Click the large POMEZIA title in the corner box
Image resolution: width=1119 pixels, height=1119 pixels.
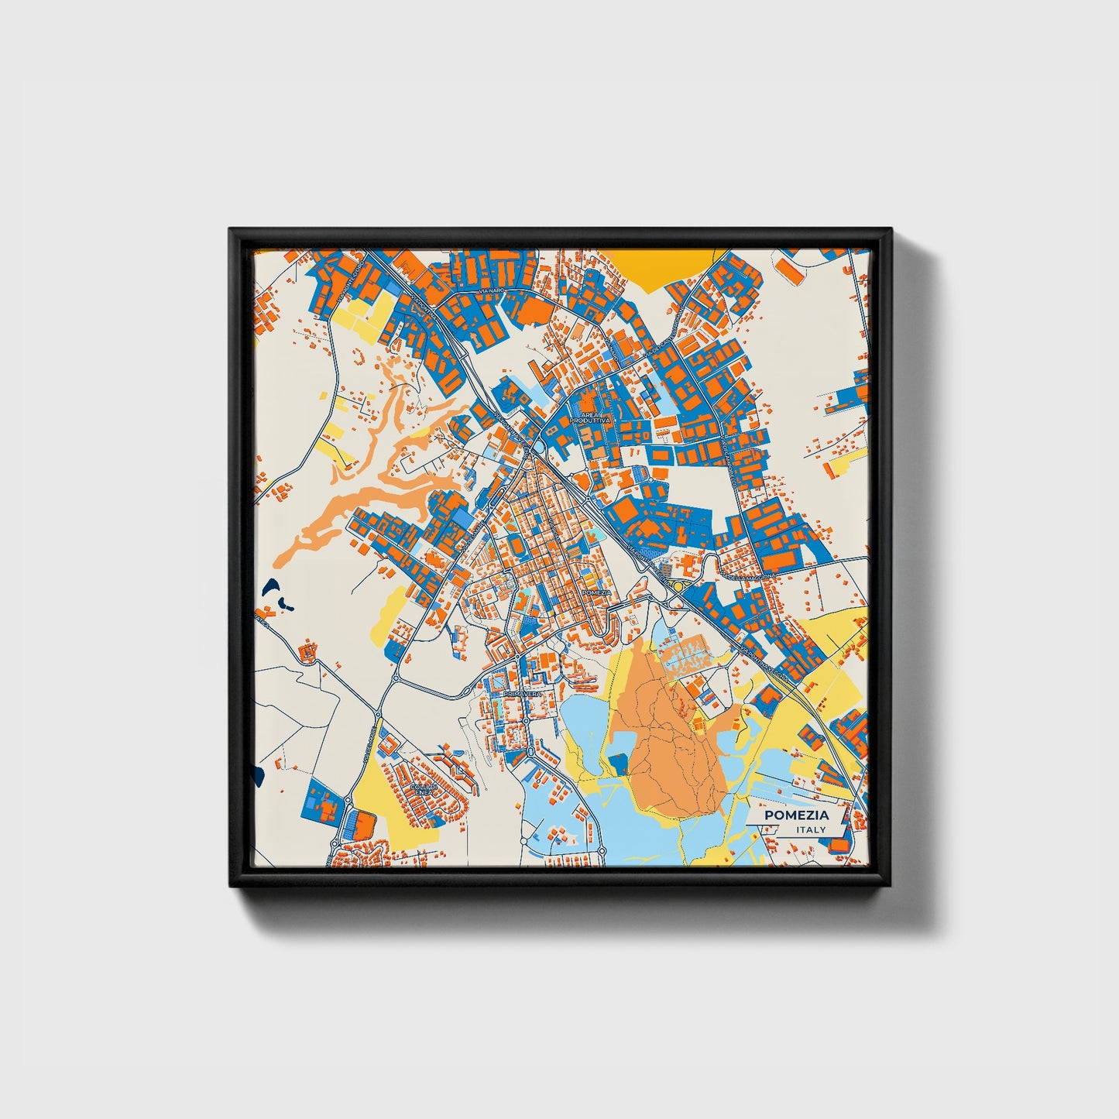pyautogui.click(x=796, y=815)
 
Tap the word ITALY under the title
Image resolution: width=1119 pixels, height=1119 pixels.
pyautogui.click(x=811, y=829)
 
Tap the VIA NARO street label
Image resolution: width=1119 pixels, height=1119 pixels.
pyautogui.click(x=493, y=290)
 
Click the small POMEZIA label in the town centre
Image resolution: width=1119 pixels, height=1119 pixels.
pyautogui.click(x=597, y=592)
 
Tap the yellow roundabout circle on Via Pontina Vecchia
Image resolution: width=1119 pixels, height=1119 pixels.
pyautogui.click(x=678, y=587)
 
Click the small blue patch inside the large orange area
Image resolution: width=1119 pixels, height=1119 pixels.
pyautogui.click(x=618, y=765)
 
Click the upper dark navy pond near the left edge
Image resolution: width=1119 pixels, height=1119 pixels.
pyautogui.click(x=272, y=586)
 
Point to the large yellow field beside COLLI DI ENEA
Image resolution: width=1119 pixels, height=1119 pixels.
pyautogui.click(x=384, y=801)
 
